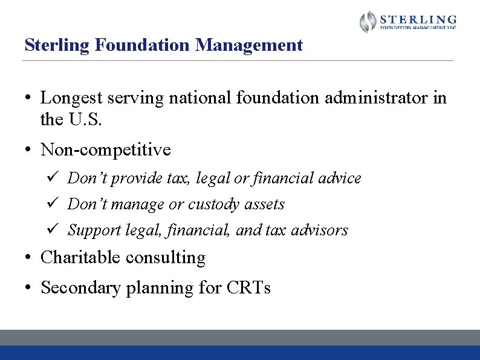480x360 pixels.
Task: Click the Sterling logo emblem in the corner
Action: (x=368, y=22)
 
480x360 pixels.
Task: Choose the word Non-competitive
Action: (x=105, y=149)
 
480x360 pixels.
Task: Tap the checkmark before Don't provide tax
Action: (x=52, y=178)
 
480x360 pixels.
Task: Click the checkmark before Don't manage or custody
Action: (x=52, y=204)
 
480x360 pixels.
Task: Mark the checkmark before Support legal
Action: (x=52, y=230)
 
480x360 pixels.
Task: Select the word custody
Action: (x=213, y=205)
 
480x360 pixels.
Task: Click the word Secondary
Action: (x=80, y=288)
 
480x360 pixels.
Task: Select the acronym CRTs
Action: (x=248, y=288)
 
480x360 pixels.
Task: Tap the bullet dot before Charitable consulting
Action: (x=28, y=258)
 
